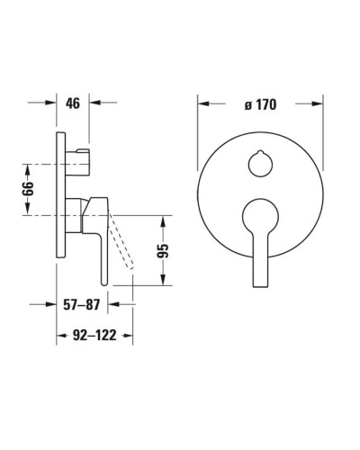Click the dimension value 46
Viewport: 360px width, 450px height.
pyautogui.click(x=72, y=103)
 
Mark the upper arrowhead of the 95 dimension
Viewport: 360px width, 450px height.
pyautogui.click(x=163, y=220)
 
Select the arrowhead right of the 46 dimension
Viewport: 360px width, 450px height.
pyautogui.click(x=95, y=103)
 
